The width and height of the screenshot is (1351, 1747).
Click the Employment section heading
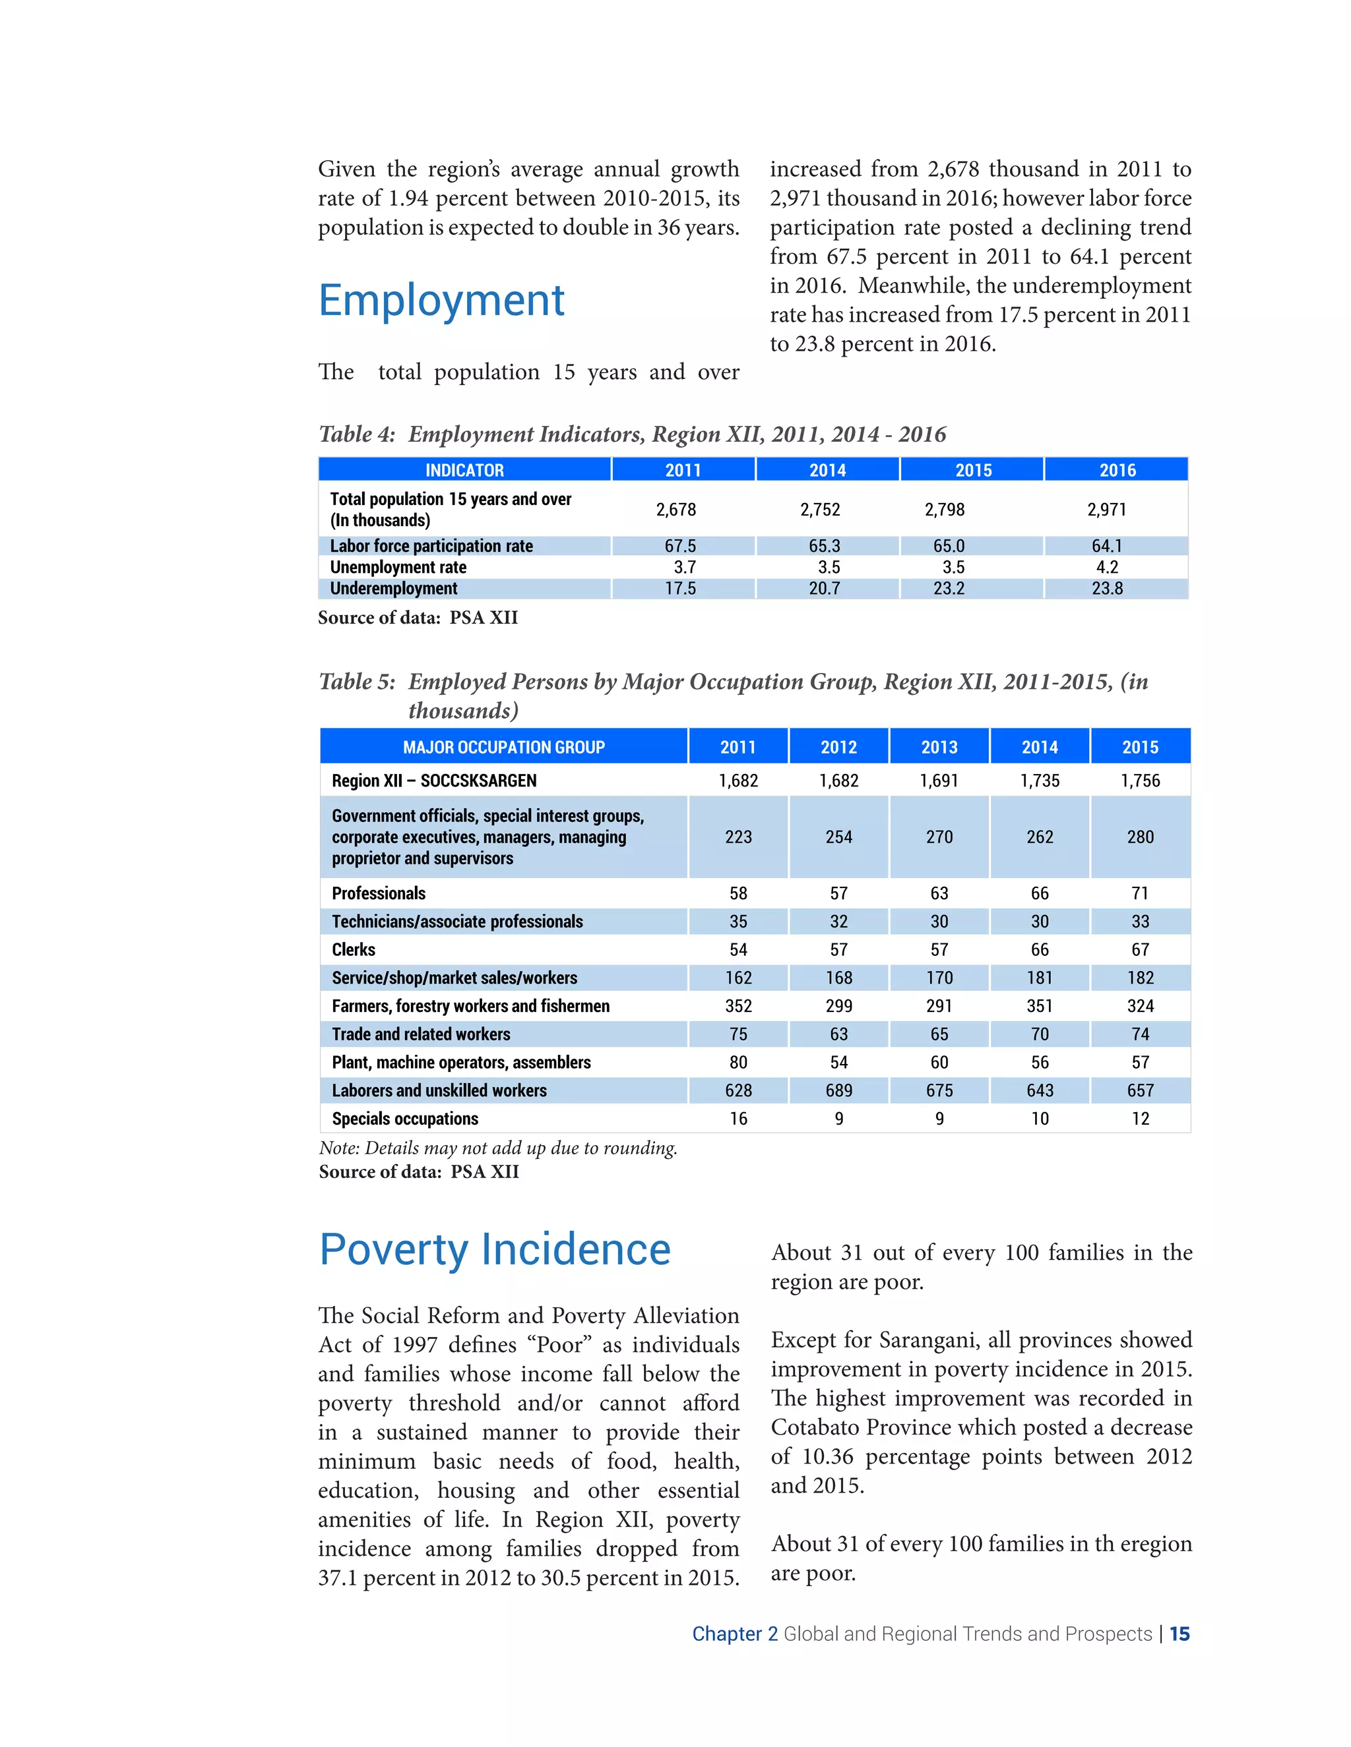click(441, 301)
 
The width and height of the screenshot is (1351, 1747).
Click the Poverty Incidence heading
click(495, 1249)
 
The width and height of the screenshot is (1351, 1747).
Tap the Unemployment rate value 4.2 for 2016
click(1106, 567)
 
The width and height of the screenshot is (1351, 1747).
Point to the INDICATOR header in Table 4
click(464, 469)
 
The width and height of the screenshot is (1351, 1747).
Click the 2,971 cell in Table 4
click(1106, 510)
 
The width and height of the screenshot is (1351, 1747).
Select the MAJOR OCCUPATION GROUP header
click(503, 747)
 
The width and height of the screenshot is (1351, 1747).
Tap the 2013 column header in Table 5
click(939, 747)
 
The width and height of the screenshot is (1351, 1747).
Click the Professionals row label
click(379, 893)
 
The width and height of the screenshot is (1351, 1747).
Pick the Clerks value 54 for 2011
click(738, 949)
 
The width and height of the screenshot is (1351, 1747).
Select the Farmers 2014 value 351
click(1039, 1006)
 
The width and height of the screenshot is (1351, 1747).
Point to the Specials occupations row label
click(405, 1119)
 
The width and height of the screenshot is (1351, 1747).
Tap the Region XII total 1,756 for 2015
click(1140, 781)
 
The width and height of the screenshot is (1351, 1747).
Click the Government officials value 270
click(939, 837)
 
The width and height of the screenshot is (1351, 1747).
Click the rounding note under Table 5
click(498, 1148)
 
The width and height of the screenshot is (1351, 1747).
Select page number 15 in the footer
click(1179, 1634)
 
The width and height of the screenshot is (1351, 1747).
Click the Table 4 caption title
click(632, 434)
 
